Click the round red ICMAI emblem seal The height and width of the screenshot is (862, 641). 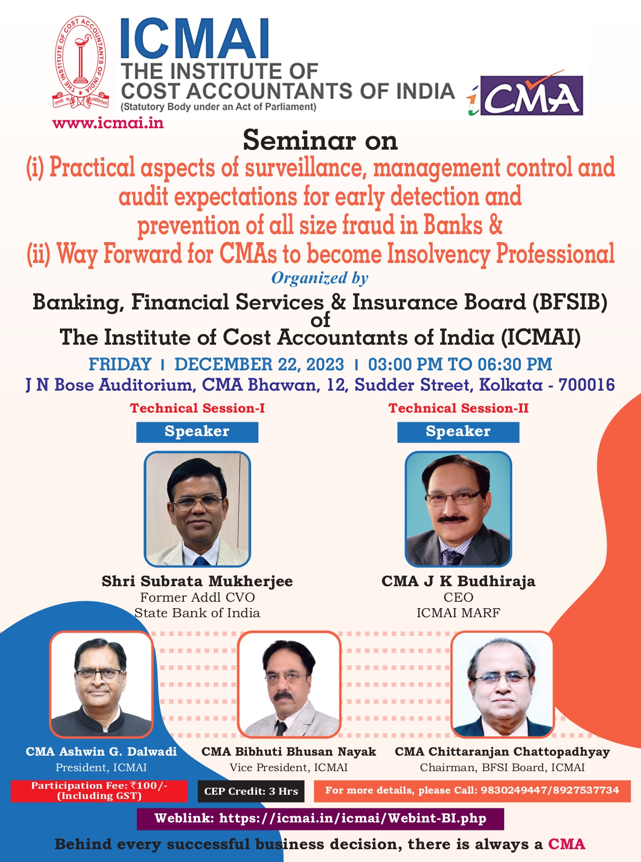coord(81,63)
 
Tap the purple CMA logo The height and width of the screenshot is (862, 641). coord(531,96)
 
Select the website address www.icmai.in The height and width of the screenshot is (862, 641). coord(108,123)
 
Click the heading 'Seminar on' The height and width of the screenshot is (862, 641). coord(320,141)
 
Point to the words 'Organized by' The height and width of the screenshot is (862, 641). coord(320,278)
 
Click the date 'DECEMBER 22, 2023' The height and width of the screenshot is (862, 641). coord(259,364)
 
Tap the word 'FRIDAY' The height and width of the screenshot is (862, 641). coord(120,364)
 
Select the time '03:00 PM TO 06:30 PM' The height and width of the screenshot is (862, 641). coord(460,364)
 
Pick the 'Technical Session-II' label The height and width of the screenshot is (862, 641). coord(458,408)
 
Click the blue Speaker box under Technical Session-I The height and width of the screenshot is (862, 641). coord(197,432)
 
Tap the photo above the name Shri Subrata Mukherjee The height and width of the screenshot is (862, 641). coord(197,509)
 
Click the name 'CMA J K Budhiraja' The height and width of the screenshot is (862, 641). coord(458,581)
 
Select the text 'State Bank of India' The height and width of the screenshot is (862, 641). coord(197,613)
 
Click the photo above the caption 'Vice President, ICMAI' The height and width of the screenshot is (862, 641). coord(289,685)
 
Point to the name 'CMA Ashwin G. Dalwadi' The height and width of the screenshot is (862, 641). coord(101,751)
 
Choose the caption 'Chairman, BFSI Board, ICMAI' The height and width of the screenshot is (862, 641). coord(502,767)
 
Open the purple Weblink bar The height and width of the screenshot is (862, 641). coord(320,819)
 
